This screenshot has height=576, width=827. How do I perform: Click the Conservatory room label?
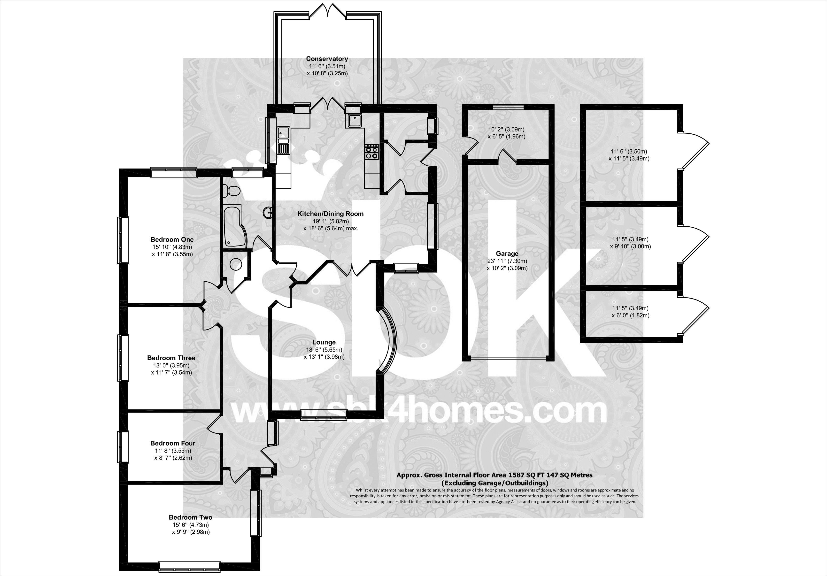coord(327,59)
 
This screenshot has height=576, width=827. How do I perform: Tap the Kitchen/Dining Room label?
coord(330,214)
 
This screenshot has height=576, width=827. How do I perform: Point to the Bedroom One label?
coord(172,239)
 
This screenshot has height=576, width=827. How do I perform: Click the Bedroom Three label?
coord(171,358)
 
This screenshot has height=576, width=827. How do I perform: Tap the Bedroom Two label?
coord(191,517)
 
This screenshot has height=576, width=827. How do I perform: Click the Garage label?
coord(507,253)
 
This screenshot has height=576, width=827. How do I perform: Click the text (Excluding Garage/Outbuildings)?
coord(495,483)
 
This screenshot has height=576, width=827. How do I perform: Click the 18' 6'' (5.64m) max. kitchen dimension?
coord(331,228)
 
